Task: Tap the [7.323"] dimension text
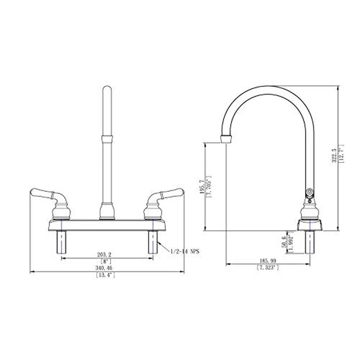coord(267,268)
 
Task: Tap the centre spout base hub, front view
coord(107,211)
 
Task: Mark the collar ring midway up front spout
coord(107,138)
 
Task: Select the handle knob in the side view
coord(310,194)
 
